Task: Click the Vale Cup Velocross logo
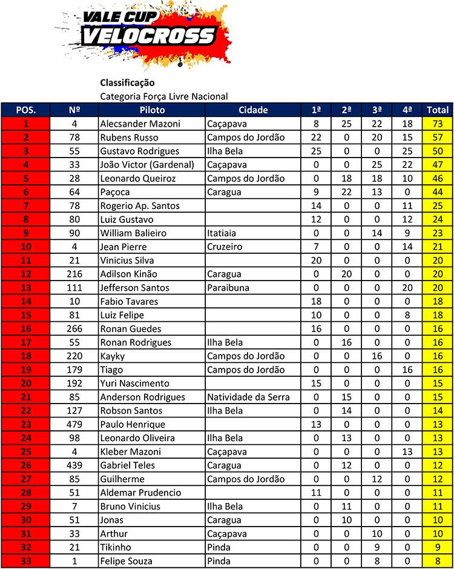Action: [145, 36]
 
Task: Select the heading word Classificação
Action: [127, 82]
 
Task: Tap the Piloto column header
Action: [152, 110]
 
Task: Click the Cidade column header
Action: [253, 110]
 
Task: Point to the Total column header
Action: [438, 110]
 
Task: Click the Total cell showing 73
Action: [438, 124]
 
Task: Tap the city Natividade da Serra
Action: [248, 397]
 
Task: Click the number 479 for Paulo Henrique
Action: [75, 424]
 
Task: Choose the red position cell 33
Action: [25, 561]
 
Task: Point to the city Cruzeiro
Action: [225, 247]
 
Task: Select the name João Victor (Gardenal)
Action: [147, 165]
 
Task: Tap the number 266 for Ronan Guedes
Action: [75, 328]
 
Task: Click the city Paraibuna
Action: [228, 288]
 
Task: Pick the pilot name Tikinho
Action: [116, 547]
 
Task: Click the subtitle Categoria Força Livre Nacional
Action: [164, 96]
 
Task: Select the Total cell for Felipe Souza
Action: [438, 561]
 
